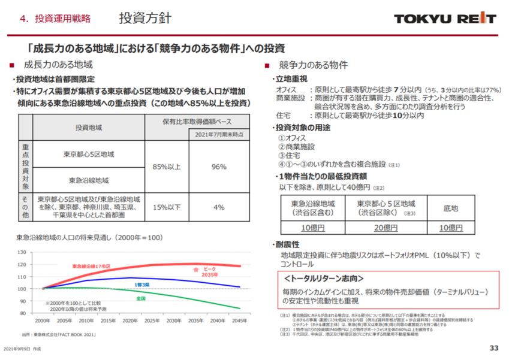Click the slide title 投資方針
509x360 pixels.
(x=145, y=18)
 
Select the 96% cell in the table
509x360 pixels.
(x=218, y=167)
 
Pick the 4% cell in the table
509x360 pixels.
(x=218, y=207)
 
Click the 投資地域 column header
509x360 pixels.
(x=88, y=127)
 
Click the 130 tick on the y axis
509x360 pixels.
(x=22, y=252)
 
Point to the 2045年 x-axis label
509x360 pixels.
(x=239, y=321)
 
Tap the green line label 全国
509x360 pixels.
(x=141, y=298)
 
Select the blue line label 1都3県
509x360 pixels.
(x=141, y=285)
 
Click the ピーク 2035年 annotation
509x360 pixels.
(x=209, y=272)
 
